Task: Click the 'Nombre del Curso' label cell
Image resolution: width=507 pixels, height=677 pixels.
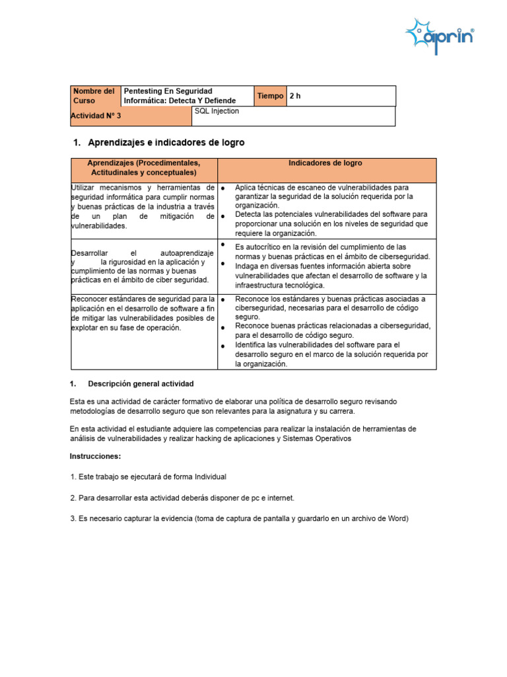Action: (x=94, y=96)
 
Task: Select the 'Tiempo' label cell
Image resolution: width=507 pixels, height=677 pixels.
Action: (x=270, y=96)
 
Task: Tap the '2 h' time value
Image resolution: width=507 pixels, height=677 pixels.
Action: (x=295, y=96)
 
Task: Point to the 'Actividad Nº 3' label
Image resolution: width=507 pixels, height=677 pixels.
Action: (x=96, y=116)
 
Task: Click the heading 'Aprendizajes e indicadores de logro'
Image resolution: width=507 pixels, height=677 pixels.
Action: (x=166, y=143)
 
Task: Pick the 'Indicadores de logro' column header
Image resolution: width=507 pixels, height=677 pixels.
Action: (x=325, y=163)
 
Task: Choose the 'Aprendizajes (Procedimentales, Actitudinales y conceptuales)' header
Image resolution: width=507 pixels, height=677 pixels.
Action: (x=143, y=168)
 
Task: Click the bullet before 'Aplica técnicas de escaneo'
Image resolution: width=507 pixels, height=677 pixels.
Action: (x=224, y=188)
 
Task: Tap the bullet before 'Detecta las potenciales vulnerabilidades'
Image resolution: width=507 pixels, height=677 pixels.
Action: (x=224, y=216)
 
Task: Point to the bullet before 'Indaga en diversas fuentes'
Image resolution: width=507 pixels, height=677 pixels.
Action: (x=224, y=264)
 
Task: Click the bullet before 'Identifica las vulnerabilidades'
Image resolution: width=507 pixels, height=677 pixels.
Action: (x=224, y=346)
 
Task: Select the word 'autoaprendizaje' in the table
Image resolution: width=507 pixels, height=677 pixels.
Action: (x=187, y=253)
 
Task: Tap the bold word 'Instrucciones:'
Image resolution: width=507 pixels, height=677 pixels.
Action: (x=95, y=457)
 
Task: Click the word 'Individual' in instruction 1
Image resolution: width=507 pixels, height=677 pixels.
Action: (x=209, y=477)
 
